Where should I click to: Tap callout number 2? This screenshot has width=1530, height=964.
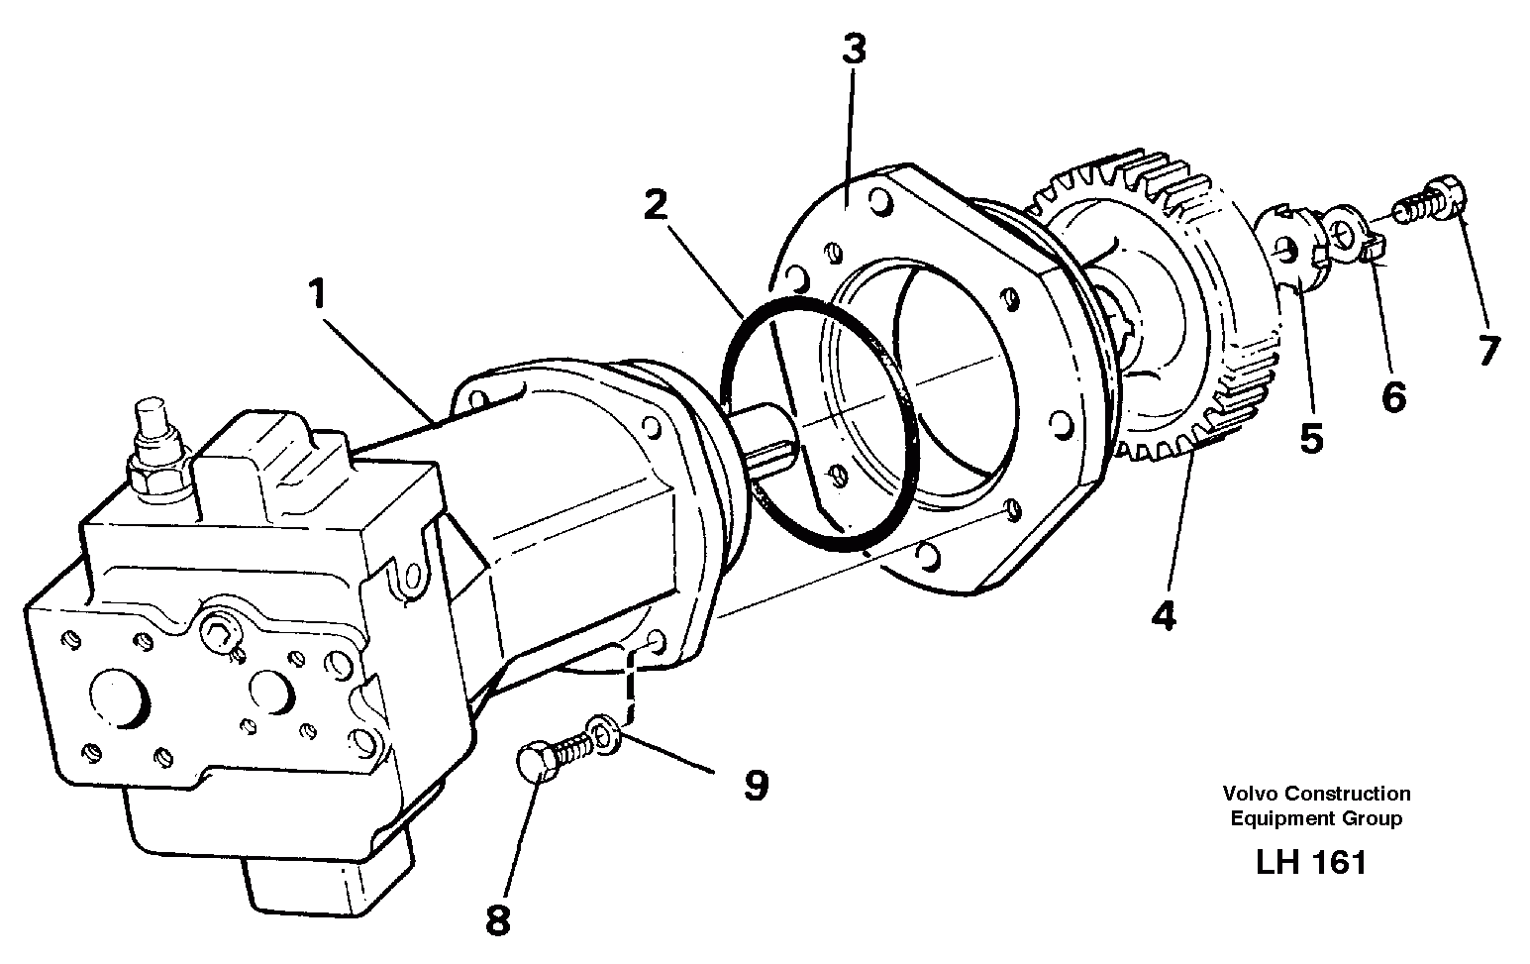656,206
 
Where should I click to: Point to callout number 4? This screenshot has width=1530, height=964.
1164,616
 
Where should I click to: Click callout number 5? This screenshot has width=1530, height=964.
1311,437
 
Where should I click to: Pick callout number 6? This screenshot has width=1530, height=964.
1392,397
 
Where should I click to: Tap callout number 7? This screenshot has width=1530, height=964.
1487,351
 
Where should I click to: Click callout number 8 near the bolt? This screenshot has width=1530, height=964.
497,920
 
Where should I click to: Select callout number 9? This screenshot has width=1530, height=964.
756,786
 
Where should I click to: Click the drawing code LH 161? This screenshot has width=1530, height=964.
1311,862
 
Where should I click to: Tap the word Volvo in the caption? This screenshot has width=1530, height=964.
1247,794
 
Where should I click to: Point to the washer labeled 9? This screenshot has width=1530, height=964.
604,732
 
